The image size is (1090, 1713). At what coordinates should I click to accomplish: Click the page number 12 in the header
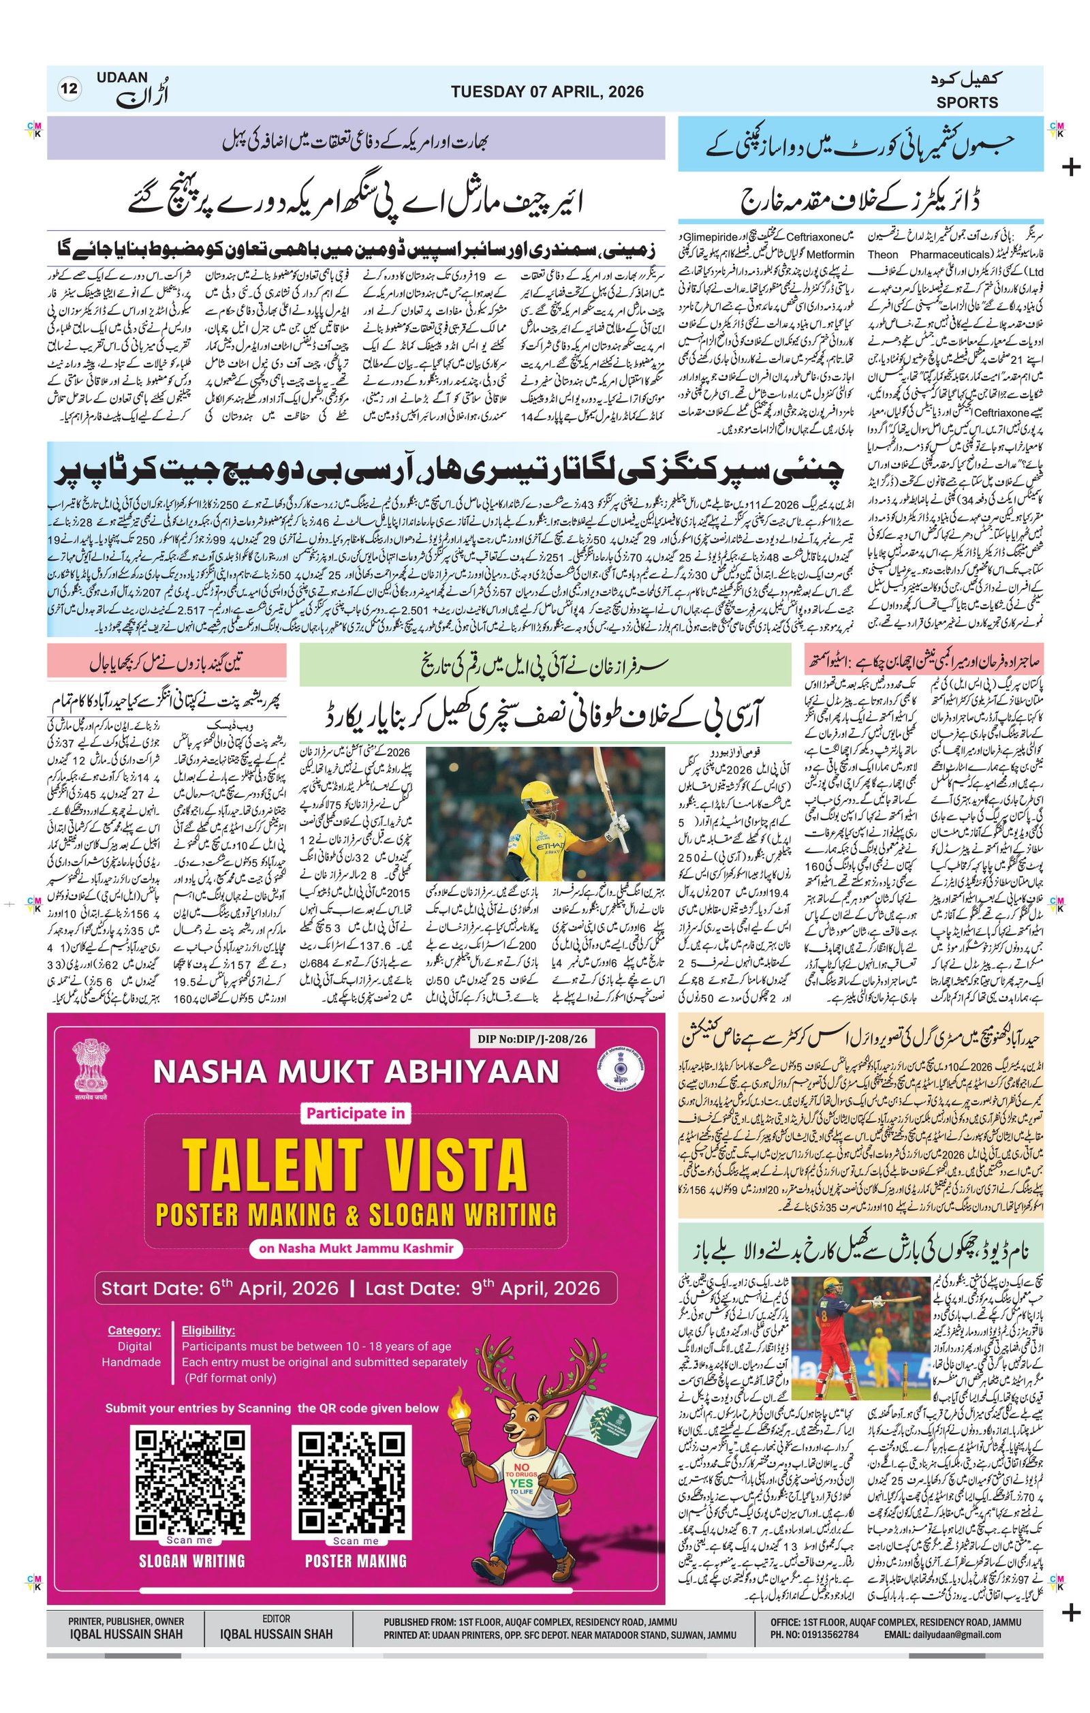tap(69, 89)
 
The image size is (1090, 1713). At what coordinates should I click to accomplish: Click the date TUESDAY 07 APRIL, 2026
tap(547, 92)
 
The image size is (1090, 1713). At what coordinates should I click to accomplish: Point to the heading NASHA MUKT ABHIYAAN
tap(356, 1072)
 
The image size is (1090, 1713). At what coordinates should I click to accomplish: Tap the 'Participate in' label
tap(356, 1113)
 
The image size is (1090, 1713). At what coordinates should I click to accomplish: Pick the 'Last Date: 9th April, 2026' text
tap(482, 1288)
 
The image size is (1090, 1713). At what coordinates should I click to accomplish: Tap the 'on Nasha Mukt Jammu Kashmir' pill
tap(356, 1248)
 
